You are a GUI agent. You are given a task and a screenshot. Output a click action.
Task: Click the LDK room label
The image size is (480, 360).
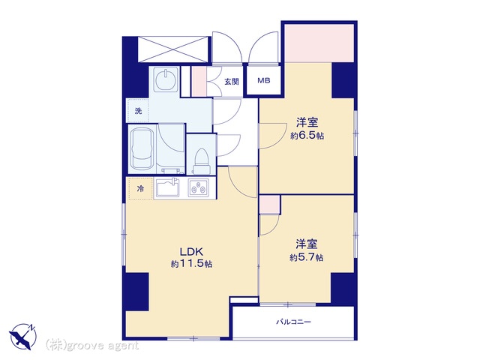(x=191, y=252)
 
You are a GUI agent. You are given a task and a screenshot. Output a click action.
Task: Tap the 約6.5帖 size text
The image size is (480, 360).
(x=307, y=136)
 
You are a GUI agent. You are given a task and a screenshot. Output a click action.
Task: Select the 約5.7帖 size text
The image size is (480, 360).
(x=307, y=257)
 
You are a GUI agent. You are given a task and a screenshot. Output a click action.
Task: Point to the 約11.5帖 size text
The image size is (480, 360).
(x=192, y=264)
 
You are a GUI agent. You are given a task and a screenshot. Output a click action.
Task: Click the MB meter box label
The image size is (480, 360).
(x=263, y=81)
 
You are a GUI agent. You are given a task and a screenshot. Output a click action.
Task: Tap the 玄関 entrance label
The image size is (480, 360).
(x=232, y=82)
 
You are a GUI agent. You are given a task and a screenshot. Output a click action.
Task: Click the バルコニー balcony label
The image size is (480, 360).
(x=293, y=322)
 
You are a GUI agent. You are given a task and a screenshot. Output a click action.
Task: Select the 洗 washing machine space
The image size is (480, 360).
(x=138, y=111)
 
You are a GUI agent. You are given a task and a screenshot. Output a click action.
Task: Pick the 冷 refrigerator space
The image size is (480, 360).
(x=140, y=189)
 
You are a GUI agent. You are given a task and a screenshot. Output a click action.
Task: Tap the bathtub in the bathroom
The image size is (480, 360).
(x=142, y=150)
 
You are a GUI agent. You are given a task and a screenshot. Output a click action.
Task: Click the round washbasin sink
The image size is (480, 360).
(x=165, y=79)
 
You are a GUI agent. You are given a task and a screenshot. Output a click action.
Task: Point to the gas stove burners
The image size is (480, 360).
(x=198, y=187)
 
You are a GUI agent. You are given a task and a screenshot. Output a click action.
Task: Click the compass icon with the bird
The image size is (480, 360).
(x=22, y=336)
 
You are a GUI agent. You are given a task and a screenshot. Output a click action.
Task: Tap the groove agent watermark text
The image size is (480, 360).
(x=92, y=346)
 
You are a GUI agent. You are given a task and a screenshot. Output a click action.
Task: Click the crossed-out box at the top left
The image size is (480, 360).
(x=173, y=49)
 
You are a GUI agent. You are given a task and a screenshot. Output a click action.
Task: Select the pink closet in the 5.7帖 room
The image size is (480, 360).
(x=269, y=204)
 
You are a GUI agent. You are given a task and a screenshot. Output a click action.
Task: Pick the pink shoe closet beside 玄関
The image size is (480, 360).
(x=199, y=82)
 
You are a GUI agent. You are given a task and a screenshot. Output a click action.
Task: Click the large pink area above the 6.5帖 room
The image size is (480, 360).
(x=319, y=43)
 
